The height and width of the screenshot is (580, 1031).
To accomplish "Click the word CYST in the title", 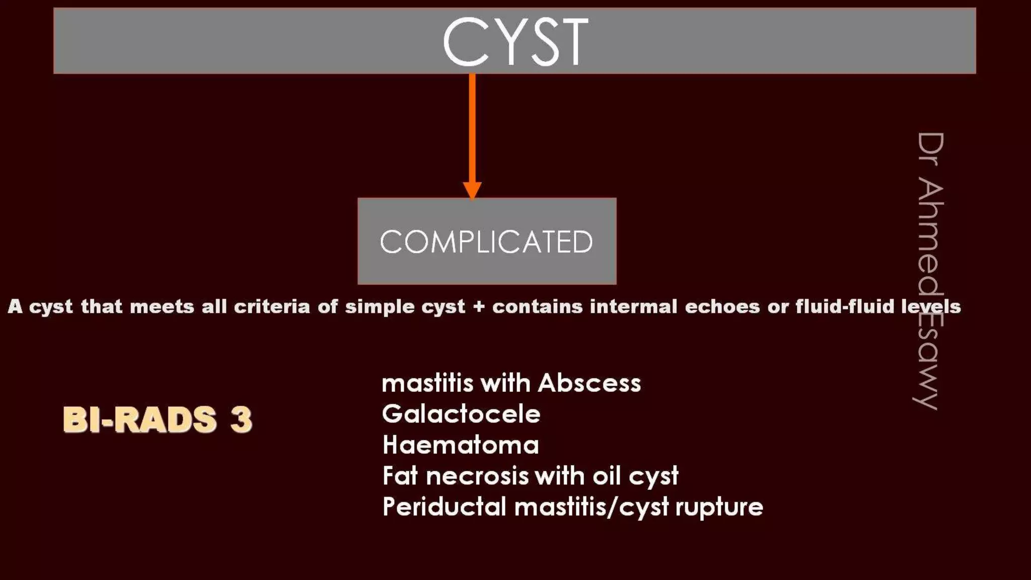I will click(515, 41).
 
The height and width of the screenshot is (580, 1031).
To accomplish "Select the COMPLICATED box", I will click(487, 241).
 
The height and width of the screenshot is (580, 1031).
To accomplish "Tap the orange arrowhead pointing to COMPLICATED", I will click(472, 190).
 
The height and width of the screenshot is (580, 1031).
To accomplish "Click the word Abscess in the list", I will click(589, 383).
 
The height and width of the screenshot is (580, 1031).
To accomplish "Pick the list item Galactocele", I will click(461, 414).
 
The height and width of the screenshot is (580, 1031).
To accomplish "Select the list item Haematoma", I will click(460, 445).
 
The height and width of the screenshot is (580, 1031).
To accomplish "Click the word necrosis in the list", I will click(477, 476).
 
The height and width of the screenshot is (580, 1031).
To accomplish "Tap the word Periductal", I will click(444, 507).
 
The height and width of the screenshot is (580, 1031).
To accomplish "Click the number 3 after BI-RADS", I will click(241, 419).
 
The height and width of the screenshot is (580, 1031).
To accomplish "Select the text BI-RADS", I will click(140, 419).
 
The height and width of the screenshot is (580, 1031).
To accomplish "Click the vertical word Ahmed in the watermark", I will click(929, 237).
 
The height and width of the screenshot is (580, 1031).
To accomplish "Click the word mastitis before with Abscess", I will click(427, 383).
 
